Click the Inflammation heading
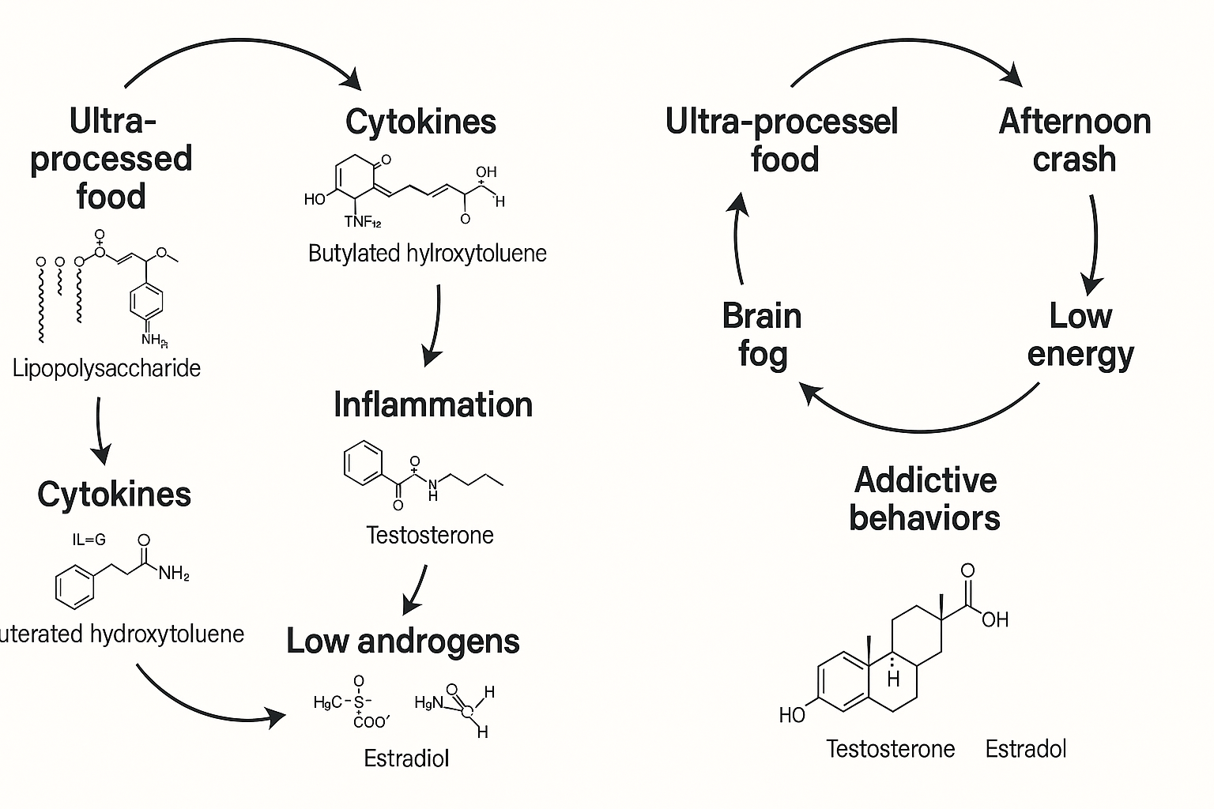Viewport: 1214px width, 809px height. pyautogui.click(x=433, y=404)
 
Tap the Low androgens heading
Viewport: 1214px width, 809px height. pyautogui.click(x=403, y=641)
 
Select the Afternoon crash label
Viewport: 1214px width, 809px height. pyautogui.click(x=1074, y=140)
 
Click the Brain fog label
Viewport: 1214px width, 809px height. pyautogui.click(x=762, y=334)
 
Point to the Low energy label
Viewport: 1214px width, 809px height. pyautogui.click(x=1080, y=334)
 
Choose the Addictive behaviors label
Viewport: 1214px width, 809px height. pyautogui.click(x=925, y=499)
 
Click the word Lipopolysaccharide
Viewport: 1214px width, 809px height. pyautogui.click(x=107, y=368)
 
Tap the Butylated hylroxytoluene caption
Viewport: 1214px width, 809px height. pyautogui.click(x=427, y=254)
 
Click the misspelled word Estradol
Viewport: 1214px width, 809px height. pyautogui.click(x=1026, y=748)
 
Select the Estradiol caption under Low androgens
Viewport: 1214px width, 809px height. pyautogui.click(x=406, y=758)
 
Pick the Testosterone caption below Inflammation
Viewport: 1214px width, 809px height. pyautogui.click(x=430, y=535)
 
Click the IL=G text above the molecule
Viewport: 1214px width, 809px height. pyautogui.click(x=89, y=540)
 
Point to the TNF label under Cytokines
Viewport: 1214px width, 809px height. pyautogui.click(x=363, y=222)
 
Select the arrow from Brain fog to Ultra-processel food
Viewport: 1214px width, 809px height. pyautogui.click(x=738, y=237)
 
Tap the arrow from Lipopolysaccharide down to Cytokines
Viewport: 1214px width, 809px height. pyautogui.click(x=99, y=431)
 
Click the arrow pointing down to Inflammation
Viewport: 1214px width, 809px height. pyautogui.click(x=434, y=324)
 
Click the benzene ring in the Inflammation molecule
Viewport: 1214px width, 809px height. pyautogui.click(x=364, y=463)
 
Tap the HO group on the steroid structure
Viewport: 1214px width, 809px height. pyautogui.click(x=792, y=715)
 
